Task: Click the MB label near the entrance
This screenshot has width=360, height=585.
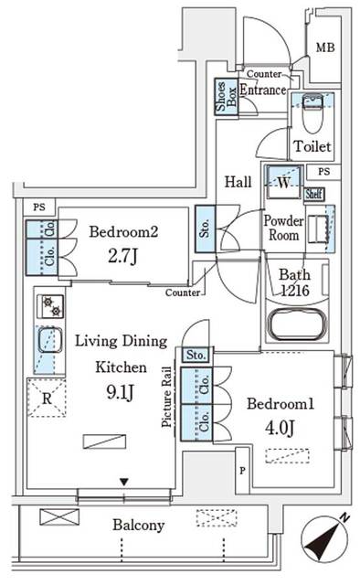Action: click(x=324, y=48)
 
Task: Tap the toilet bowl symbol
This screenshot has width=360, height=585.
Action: click(x=309, y=118)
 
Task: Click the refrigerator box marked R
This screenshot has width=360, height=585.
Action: click(x=46, y=399)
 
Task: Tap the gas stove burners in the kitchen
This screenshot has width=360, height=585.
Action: click(x=48, y=306)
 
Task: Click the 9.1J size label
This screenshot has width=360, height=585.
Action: click(x=121, y=394)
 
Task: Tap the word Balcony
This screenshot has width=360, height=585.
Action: click(x=138, y=526)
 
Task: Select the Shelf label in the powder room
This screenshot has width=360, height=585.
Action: click(x=315, y=193)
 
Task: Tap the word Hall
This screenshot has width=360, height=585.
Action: click(x=239, y=182)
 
